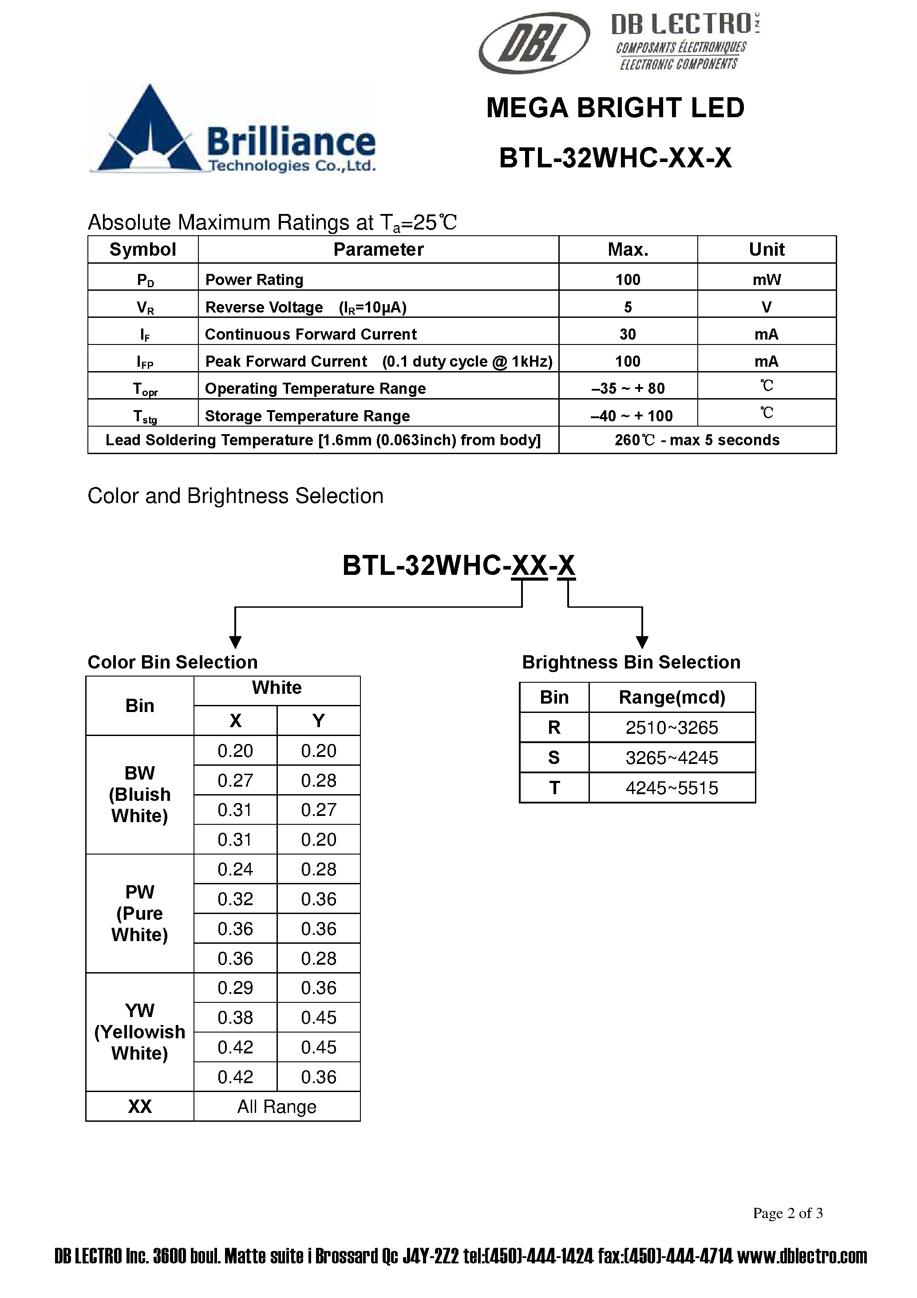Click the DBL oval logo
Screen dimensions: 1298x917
[x=534, y=43]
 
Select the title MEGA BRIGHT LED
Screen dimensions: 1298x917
[x=615, y=108]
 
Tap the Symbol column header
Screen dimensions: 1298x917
[x=142, y=249]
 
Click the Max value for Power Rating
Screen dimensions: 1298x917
[x=628, y=279]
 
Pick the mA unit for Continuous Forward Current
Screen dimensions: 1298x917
[x=766, y=334]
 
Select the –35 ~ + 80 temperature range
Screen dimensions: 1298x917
[x=628, y=388]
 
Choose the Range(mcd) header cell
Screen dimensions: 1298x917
[x=672, y=697]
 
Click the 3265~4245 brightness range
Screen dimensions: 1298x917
[x=672, y=758]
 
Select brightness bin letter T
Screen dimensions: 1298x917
[x=554, y=788]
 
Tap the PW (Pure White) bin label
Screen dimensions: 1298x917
[x=140, y=913]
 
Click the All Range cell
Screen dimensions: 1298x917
[x=277, y=1106]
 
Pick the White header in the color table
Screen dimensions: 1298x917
[x=277, y=688]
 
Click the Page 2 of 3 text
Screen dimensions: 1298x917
[x=787, y=1213]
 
